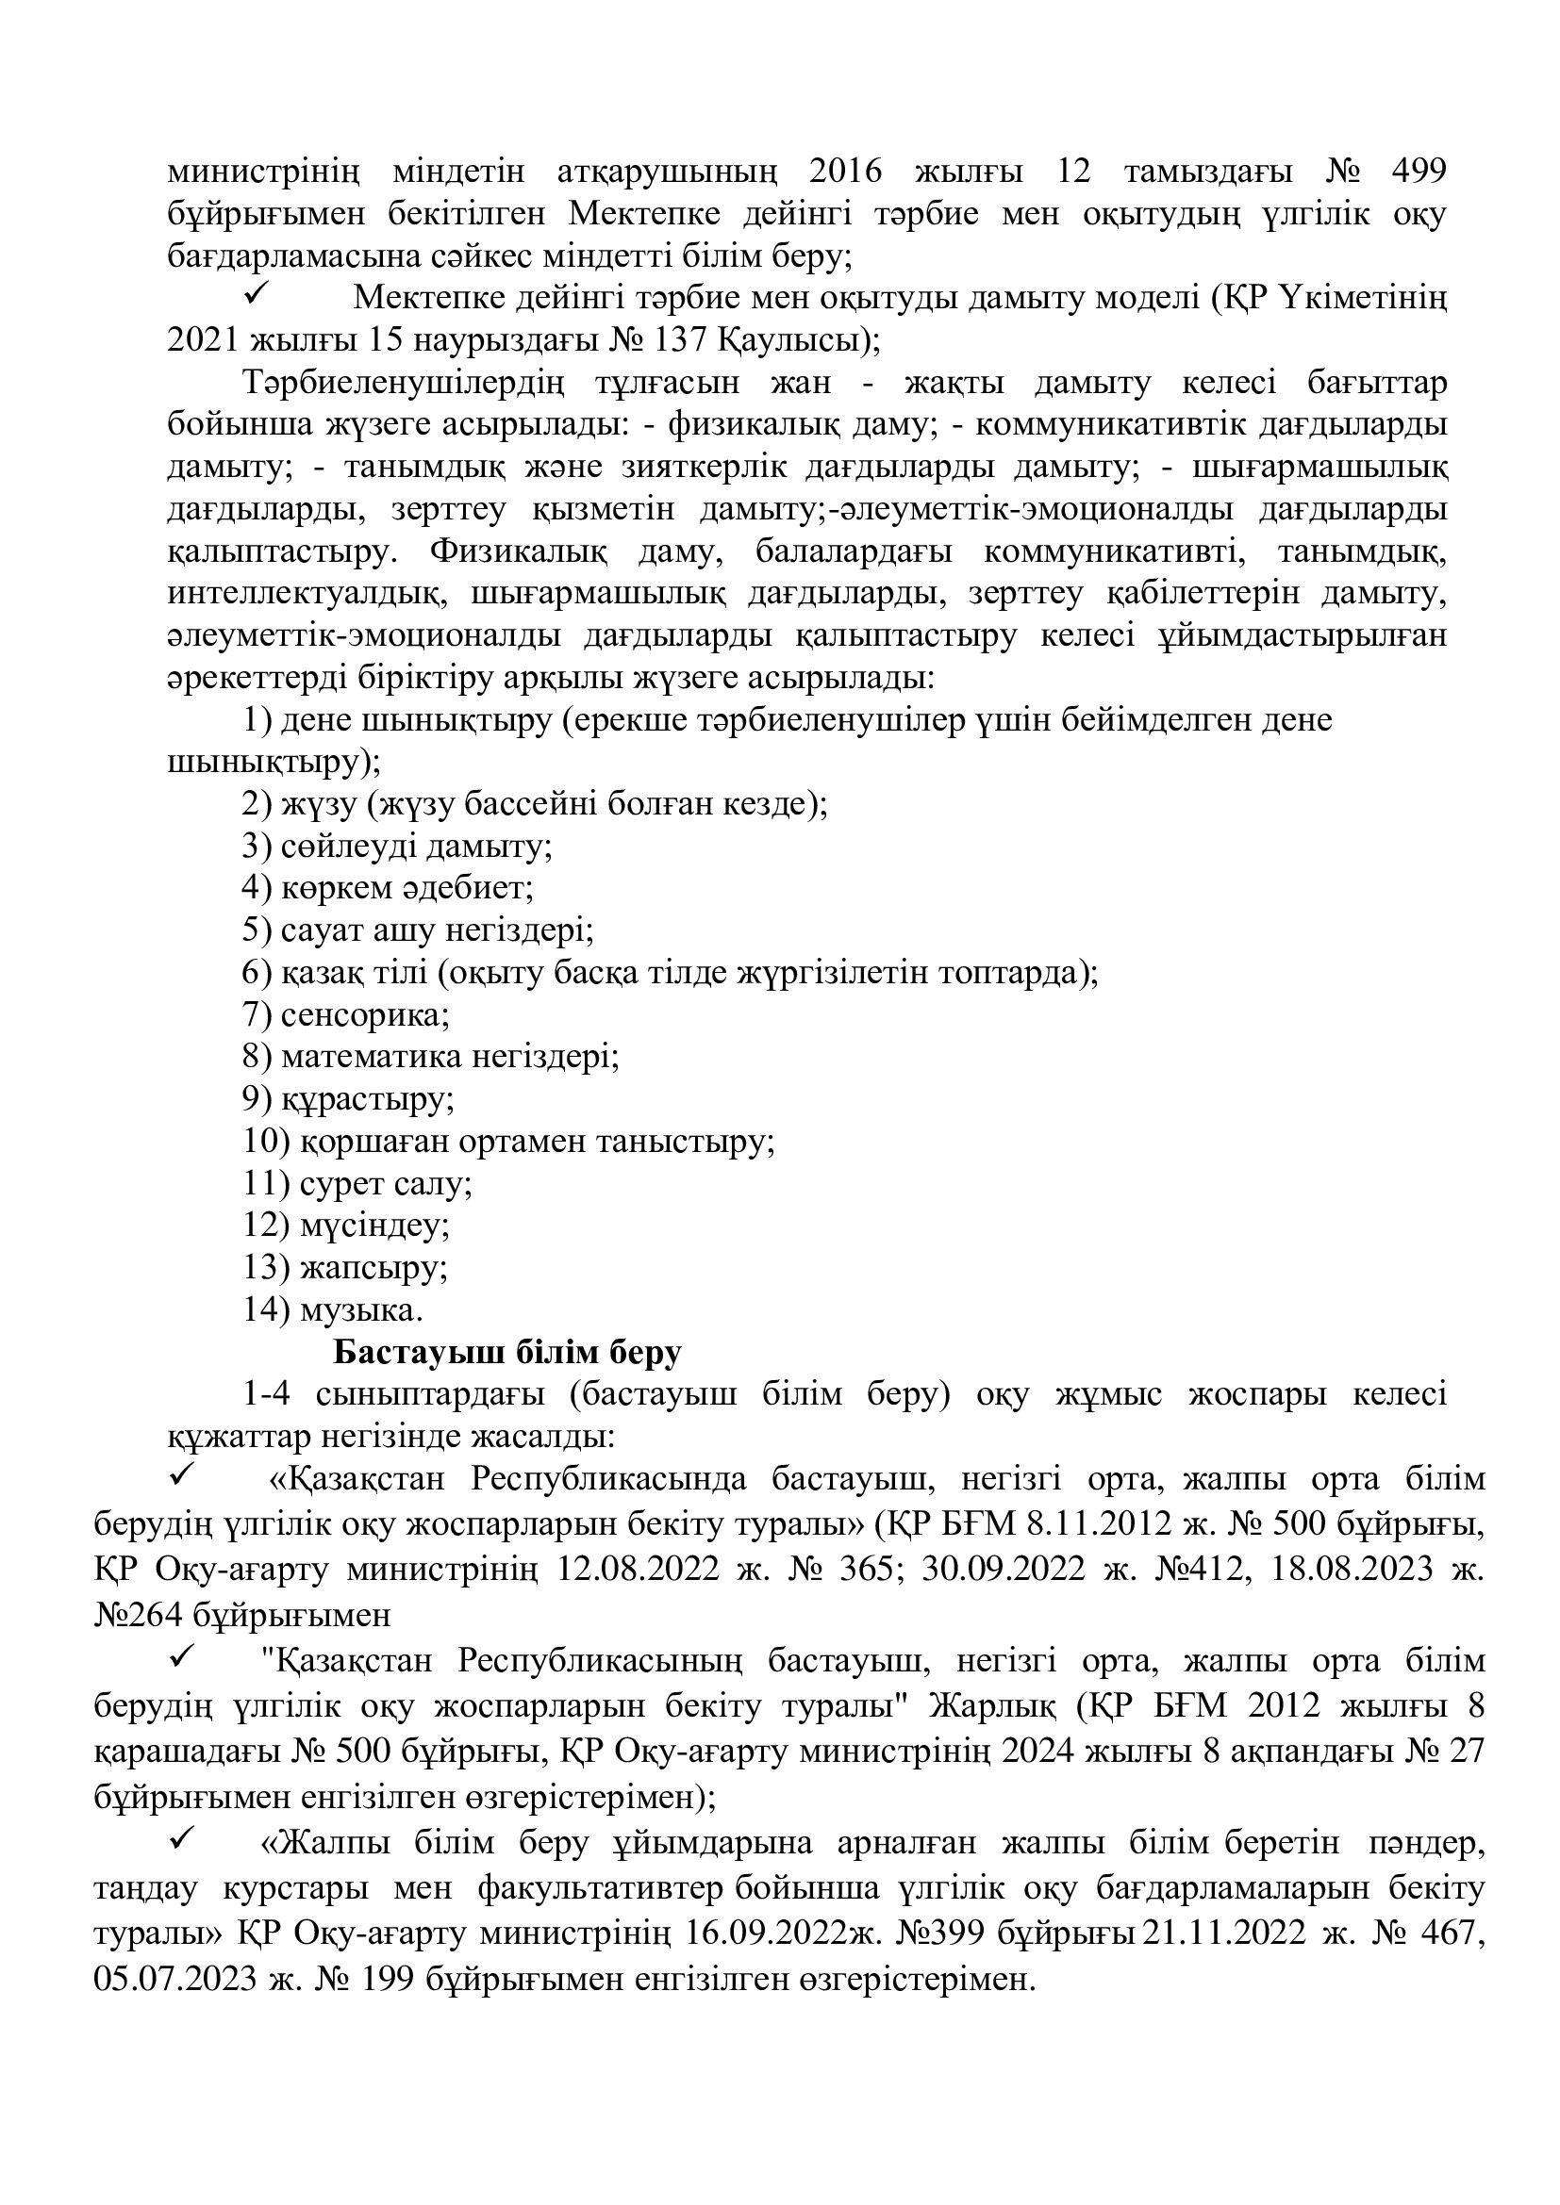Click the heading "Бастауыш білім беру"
(507, 1352)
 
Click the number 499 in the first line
(1417, 171)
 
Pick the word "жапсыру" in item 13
(373, 1268)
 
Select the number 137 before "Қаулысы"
(677, 340)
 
